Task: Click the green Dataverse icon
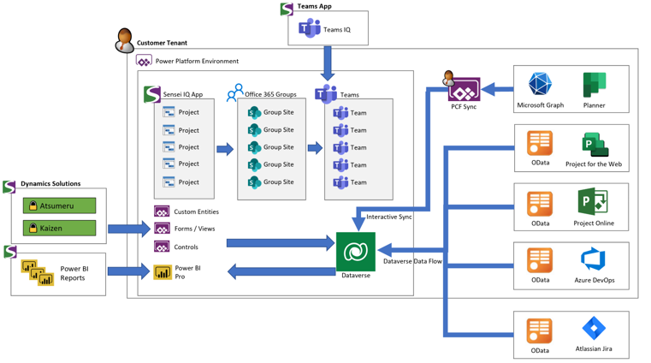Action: pyautogui.click(x=355, y=252)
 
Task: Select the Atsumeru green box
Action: pyautogui.click(x=59, y=205)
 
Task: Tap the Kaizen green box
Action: pyautogui.click(x=59, y=228)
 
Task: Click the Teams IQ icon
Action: pyautogui.click(x=310, y=28)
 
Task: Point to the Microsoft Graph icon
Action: pyautogui.click(x=540, y=84)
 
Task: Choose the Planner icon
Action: pyautogui.click(x=595, y=85)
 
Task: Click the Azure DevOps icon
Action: pyautogui.click(x=594, y=259)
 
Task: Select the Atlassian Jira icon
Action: pyautogui.click(x=594, y=328)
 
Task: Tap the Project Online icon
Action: pyautogui.click(x=593, y=201)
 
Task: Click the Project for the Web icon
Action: pyautogui.click(x=595, y=145)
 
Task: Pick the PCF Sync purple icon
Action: pyautogui.click(x=464, y=89)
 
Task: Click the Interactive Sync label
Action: pyautogui.click(x=389, y=217)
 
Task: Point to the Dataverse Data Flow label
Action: pyautogui.click(x=412, y=261)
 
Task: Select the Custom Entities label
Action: pyautogui.click(x=196, y=211)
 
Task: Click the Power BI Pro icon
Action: pyautogui.click(x=163, y=272)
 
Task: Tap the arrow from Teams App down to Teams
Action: pyautogui.click(x=328, y=63)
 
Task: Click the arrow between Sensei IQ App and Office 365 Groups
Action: pyautogui.click(x=225, y=149)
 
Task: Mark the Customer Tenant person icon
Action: pyautogui.click(x=124, y=40)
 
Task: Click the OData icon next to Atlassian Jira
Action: pyautogui.click(x=539, y=331)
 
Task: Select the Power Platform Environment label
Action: pyautogui.click(x=197, y=61)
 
